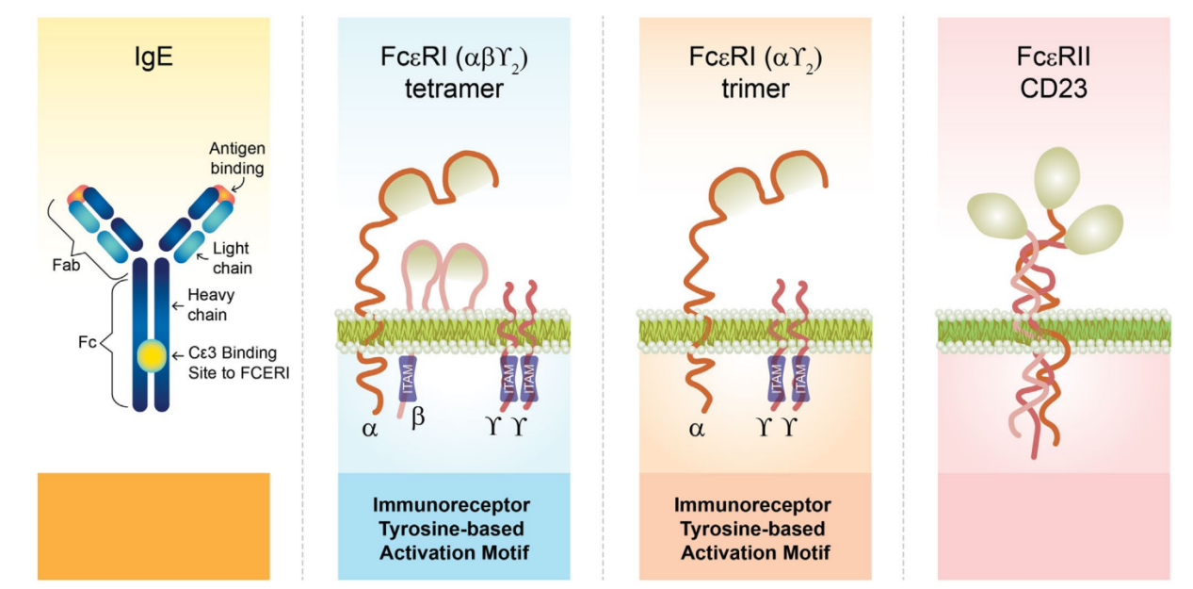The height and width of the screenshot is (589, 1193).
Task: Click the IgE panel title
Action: click(x=153, y=64)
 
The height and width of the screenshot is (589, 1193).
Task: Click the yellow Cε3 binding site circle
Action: click(x=153, y=356)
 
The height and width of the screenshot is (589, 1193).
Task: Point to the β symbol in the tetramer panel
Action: click(x=419, y=418)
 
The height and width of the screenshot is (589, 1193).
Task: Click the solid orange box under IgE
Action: click(x=153, y=526)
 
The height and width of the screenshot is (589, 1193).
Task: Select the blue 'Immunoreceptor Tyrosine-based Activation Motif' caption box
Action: click(x=454, y=526)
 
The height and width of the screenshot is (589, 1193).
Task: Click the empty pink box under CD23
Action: click(x=1054, y=526)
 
